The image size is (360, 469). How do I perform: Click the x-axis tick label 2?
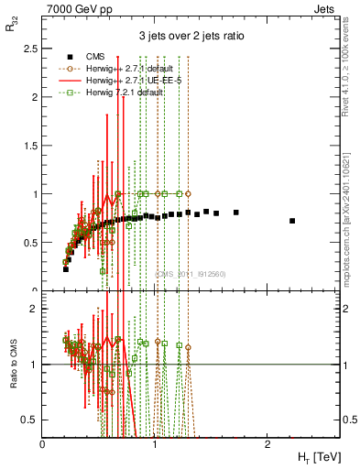pos(267,444)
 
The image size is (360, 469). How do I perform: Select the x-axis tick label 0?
pos(43,444)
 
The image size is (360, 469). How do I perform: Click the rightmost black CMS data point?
pos(292,221)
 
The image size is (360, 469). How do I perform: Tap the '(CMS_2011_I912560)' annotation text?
pos(190,273)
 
